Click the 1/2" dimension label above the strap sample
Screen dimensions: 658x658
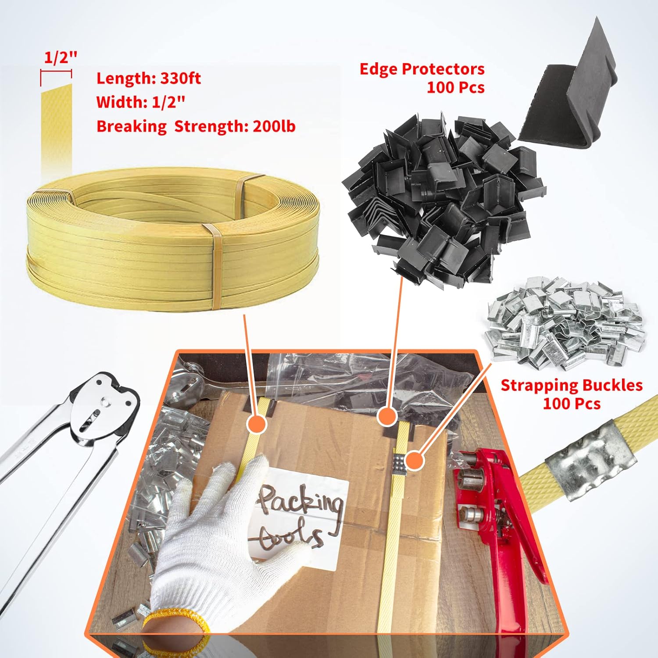pyautogui.click(x=60, y=58)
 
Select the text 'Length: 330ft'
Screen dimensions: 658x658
pyautogui.click(x=148, y=79)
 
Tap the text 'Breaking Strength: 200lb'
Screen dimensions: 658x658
pyautogui.click(x=196, y=126)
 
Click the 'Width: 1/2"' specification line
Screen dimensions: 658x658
pyautogui.click(x=140, y=102)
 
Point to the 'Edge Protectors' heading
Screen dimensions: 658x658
pyautogui.click(x=422, y=69)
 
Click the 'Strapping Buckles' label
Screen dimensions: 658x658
pyautogui.click(x=571, y=385)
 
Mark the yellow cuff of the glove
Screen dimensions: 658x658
pyautogui.click(x=175, y=632)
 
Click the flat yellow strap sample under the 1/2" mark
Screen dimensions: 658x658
pyautogui.click(x=56, y=127)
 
